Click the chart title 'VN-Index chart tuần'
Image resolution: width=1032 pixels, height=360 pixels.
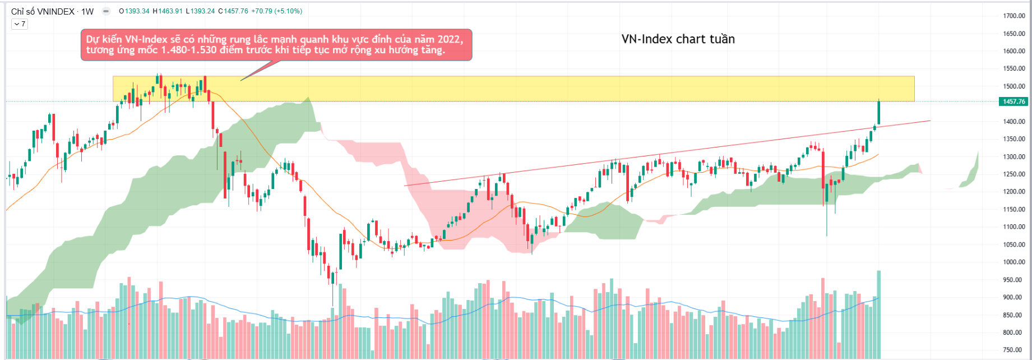point(678,39)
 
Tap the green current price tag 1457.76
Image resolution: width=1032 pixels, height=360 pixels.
point(1013,101)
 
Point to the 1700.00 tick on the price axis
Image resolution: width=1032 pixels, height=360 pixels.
point(1014,16)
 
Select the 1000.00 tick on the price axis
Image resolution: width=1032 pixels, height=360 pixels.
point(1014,262)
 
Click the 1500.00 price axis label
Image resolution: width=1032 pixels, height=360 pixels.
point(1014,86)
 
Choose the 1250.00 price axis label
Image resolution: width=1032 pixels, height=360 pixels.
point(1014,174)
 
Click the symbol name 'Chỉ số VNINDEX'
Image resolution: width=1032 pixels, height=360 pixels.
point(43,11)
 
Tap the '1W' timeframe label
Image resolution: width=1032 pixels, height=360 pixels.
point(87,11)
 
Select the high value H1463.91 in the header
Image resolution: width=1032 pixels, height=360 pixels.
point(168,11)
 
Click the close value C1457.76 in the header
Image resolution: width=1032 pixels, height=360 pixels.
point(234,11)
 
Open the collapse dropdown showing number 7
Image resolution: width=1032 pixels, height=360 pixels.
point(19,24)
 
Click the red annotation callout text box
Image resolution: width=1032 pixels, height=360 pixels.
point(276,45)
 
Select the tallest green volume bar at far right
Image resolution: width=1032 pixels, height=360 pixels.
point(879,314)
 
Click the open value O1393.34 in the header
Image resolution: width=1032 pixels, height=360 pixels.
point(134,11)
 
